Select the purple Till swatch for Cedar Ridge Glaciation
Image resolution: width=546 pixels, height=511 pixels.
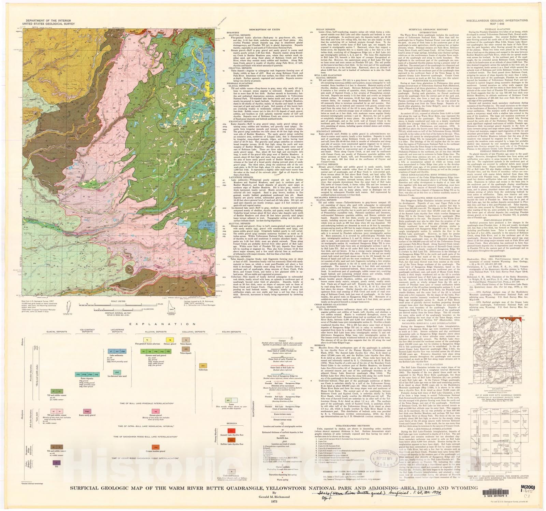(x=54, y=463)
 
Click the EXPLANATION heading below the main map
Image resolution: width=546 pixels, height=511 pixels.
(x=129, y=324)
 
